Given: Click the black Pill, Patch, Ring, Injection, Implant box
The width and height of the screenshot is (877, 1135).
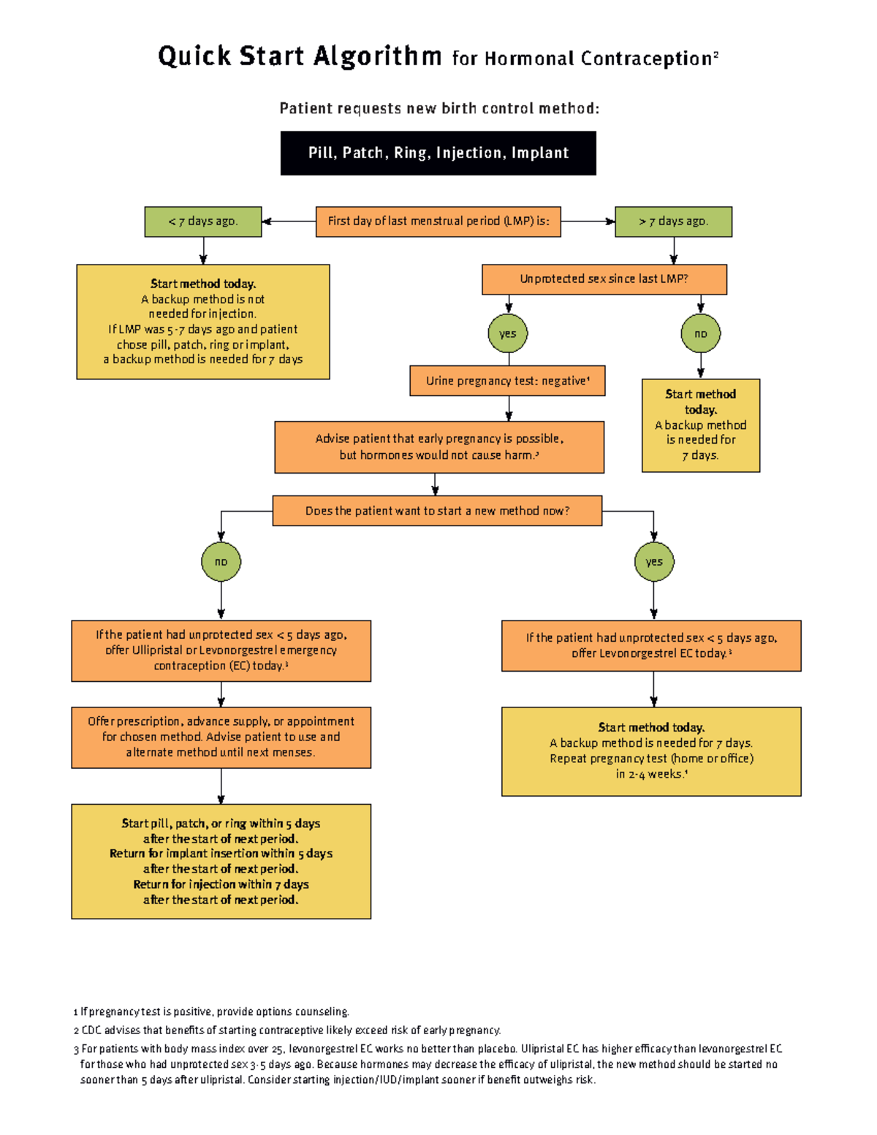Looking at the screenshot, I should [438, 153].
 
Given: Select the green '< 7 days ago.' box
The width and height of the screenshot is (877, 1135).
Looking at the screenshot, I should [203, 221].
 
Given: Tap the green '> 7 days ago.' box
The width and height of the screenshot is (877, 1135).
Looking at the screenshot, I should [673, 221].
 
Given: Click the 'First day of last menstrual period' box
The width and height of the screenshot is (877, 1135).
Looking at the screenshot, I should [438, 221].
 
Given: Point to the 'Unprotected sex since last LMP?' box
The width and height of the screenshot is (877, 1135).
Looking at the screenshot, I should [604, 279].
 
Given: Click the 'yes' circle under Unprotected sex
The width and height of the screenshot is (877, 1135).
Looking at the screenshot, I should [508, 334].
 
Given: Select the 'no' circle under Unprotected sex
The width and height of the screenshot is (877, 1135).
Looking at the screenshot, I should [700, 334].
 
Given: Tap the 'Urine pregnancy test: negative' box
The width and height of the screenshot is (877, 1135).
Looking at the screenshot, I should [507, 381].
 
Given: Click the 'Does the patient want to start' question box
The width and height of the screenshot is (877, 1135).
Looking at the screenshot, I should [437, 511].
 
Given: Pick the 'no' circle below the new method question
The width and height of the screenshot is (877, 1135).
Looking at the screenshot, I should [221, 562].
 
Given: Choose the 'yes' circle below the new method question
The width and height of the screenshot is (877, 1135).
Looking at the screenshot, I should [653, 562].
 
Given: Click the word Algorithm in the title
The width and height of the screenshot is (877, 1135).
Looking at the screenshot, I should [378, 56].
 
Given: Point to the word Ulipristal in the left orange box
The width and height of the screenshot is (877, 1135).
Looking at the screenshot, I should [157, 650].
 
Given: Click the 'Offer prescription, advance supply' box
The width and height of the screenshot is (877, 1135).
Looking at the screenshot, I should [221, 737].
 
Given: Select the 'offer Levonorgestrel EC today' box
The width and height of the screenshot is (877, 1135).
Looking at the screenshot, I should [650, 645].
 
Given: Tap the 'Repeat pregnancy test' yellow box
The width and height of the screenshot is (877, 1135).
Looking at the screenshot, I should [650, 751].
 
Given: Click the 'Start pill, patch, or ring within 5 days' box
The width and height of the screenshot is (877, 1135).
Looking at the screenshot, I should [221, 861].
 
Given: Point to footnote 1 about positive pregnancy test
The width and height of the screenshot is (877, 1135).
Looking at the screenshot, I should [212, 1011].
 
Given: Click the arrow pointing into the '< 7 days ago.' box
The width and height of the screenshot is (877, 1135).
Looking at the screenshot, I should [267, 221].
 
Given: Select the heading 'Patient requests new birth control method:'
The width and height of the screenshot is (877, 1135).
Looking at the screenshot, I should [438, 109].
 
